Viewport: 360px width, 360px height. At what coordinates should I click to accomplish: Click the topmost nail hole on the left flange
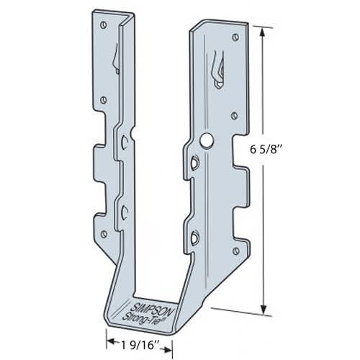pyautogui.click(x=104, y=25)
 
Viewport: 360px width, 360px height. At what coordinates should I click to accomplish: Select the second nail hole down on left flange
pyautogui.click(x=105, y=99)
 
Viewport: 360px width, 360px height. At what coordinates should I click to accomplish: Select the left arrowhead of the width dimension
pyautogui.click(x=110, y=337)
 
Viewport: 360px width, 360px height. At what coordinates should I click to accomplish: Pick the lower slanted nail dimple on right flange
pyautogui.click(x=194, y=236)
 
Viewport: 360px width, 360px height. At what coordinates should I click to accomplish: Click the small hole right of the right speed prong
pyautogui.click(x=235, y=114)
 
